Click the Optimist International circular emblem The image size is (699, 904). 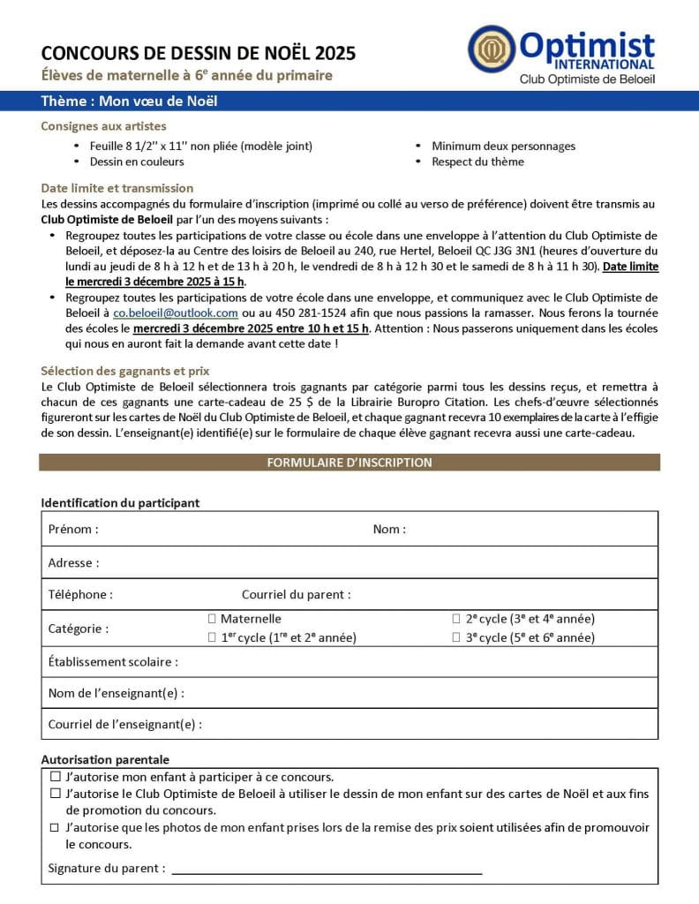click(491, 49)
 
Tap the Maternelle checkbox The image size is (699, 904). click(212, 619)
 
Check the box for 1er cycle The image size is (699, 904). click(212, 637)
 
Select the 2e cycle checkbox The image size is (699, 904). click(456, 619)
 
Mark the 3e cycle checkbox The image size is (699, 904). click(456, 637)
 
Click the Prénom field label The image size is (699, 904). click(73, 529)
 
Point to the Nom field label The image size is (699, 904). click(389, 529)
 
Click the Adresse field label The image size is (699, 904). click(73, 562)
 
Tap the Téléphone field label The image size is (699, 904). click(80, 595)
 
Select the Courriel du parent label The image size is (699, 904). click(296, 595)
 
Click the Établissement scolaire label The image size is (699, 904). click(113, 661)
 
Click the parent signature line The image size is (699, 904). click(327, 870)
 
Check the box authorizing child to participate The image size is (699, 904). click(55, 777)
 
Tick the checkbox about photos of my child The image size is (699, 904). click(55, 827)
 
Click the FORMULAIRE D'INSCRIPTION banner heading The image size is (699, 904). click(349, 463)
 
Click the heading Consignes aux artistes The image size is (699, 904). click(103, 126)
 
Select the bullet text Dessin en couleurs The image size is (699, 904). click(137, 162)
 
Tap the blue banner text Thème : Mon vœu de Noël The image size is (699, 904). click(129, 101)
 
